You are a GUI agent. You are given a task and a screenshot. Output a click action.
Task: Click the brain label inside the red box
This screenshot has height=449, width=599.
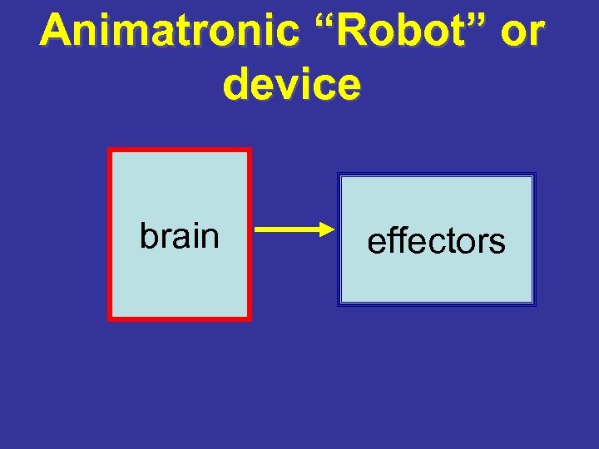tap(179, 235)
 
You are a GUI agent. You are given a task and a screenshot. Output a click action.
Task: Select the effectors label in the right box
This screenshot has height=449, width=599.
tap(436, 241)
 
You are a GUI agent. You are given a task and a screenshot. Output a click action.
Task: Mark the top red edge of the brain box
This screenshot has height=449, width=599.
tap(179, 151)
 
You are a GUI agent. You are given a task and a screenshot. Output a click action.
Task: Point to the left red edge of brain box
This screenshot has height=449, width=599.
tap(110, 234)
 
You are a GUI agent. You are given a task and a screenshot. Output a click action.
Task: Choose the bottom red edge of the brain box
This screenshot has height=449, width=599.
tap(179, 317)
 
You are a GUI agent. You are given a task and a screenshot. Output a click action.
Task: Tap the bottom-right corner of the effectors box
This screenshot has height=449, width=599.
tap(534, 303)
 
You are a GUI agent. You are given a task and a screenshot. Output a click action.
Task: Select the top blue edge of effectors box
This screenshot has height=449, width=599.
tap(436, 175)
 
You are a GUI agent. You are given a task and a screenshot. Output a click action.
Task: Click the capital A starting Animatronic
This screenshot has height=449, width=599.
tap(56, 32)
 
